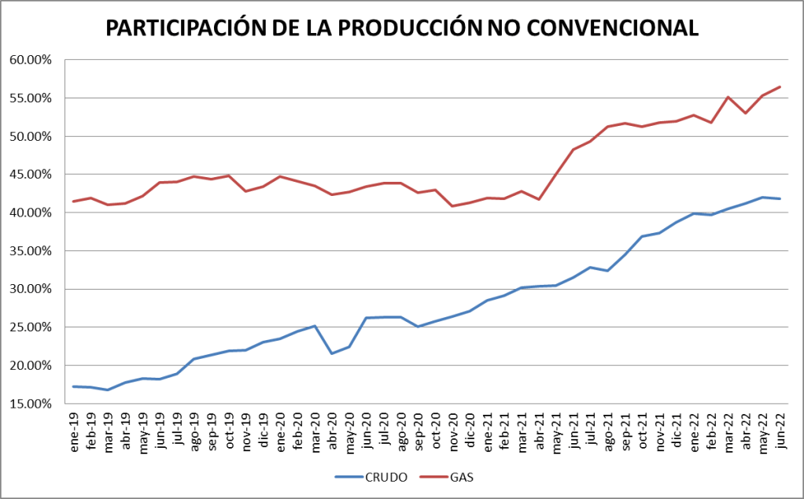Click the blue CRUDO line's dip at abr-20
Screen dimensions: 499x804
(332, 353)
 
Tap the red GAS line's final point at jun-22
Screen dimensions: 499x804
(780, 87)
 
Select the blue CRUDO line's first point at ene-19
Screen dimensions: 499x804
(74, 386)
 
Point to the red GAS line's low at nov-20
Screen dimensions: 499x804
(452, 206)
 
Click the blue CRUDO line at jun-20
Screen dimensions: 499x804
(367, 318)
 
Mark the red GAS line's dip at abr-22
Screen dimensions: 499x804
(745, 113)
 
